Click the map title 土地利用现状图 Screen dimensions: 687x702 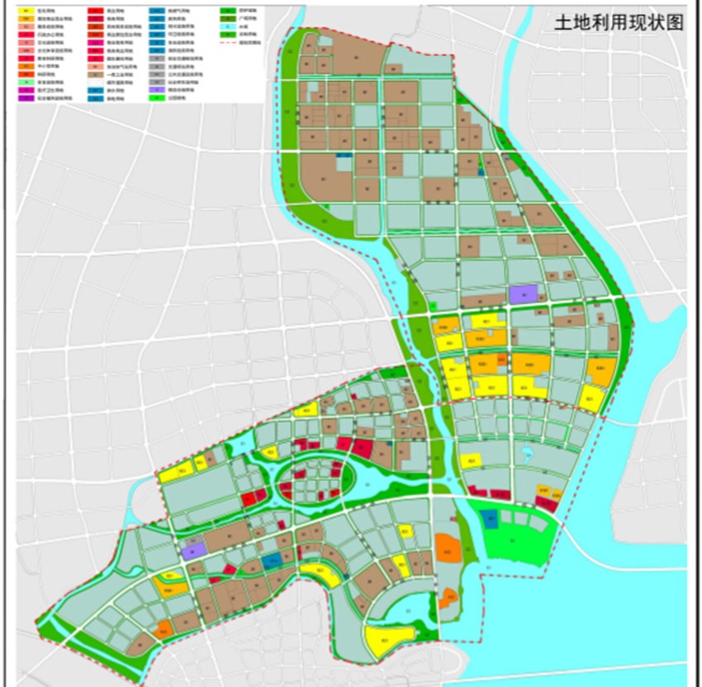619,22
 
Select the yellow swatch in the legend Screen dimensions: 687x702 28,11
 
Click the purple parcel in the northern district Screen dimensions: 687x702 524,293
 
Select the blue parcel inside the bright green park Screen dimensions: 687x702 491,519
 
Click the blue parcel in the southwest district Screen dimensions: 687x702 271,561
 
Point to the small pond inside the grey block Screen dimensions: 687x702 525,453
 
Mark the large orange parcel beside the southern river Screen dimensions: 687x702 448,548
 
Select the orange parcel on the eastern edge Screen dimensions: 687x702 600,372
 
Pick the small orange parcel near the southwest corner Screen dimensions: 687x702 163,629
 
